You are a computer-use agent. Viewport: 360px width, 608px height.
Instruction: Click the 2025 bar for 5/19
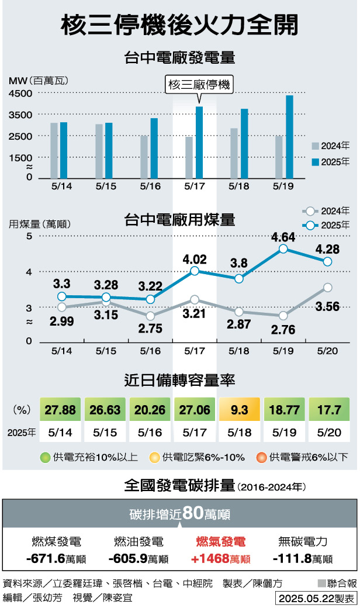point(289,137)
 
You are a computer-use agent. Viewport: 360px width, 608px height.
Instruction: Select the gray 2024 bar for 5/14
point(54,151)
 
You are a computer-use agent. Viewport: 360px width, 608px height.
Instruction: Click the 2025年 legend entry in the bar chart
point(331,162)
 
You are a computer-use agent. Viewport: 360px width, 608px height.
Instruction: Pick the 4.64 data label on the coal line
point(283,237)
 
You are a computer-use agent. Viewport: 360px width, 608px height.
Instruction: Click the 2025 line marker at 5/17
point(195,271)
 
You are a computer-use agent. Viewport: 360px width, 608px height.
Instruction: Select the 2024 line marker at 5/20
point(327,287)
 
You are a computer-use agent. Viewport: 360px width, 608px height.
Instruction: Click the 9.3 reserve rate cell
point(239,409)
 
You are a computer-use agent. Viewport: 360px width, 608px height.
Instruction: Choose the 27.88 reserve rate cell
point(60,409)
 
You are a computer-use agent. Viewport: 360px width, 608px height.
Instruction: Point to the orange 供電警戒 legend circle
point(264,457)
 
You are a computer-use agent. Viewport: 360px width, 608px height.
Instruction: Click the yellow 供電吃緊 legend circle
point(155,457)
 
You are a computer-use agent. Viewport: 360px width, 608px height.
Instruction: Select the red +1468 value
point(220,559)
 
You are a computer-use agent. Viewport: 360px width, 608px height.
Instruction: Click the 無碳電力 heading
point(302,541)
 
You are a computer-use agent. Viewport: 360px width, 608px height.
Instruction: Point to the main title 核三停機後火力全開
point(180,25)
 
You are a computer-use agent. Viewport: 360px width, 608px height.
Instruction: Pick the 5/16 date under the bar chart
point(151,186)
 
